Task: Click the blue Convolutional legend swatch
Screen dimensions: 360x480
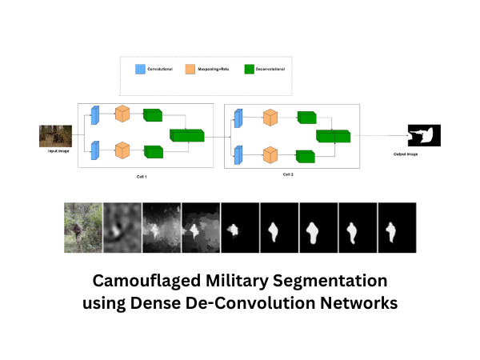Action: click(142, 70)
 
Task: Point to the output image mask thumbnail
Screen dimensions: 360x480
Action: click(425, 136)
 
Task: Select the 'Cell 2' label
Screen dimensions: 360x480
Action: click(290, 174)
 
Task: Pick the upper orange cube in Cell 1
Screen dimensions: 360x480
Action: click(122, 114)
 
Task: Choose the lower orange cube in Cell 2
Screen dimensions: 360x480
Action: click(270, 154)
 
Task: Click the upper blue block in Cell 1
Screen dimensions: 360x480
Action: click(94, 114)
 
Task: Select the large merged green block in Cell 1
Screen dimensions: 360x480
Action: click(186, 134)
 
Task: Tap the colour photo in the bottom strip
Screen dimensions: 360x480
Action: click(83, 226)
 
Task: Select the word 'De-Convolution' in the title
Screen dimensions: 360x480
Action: click(259, 304)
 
